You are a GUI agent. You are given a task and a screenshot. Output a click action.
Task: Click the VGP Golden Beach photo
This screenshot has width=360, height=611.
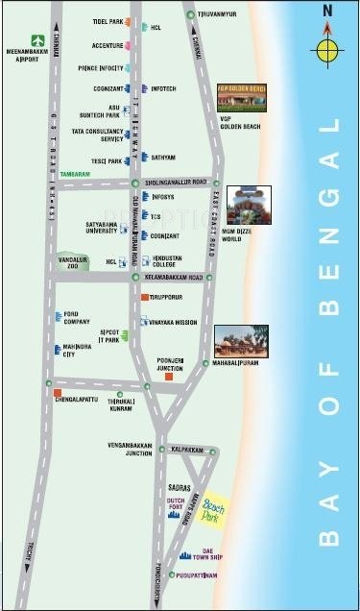coord(242,94)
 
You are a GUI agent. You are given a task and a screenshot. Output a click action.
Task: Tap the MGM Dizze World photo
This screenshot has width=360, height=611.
coord(250,204)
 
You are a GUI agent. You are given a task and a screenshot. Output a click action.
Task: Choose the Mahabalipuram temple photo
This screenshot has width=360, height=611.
coord(241,342)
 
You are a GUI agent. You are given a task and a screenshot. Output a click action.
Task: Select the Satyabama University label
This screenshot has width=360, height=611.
coord(94,229)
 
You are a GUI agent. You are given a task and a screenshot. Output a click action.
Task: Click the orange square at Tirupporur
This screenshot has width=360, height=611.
coord(144,298)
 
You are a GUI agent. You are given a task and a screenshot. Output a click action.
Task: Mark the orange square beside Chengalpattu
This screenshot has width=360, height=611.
coord(58,393)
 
